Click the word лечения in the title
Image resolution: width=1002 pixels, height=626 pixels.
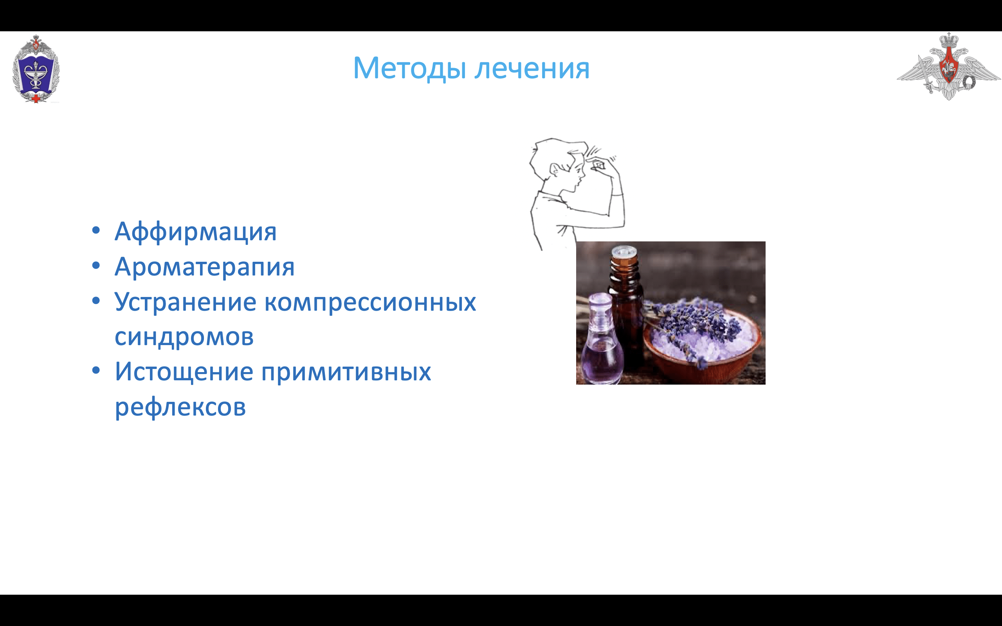pyautogui.click(x=532, y=69)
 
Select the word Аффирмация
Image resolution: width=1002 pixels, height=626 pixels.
pyautogui.click(x=195, y=232)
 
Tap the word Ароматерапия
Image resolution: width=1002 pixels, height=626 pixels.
pyautogui.click(x=205, y=267)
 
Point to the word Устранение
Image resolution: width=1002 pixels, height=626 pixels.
pyautogui.click(x=185, y=302)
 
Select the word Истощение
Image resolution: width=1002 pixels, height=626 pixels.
pyautogui.click(x=184, y=372)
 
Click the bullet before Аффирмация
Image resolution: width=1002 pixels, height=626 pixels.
pyautogui.click(x=96, y=230)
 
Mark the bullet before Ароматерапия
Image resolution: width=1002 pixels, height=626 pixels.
pyautogui.click(x=96, y=265)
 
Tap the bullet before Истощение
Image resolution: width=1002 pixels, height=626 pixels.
pyautogui.click(x=96, y=370)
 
